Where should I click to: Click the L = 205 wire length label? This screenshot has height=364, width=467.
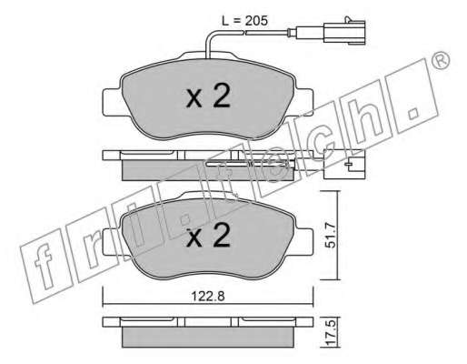pyautogui.click(x=244, y=21)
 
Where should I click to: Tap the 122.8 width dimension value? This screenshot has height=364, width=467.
pyautogui.click(x=208, y=296)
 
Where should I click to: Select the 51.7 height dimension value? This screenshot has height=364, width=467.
pyautogui.click(x=331, y=236)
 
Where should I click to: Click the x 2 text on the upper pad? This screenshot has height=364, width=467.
pyautogui.click(x=208, y=96)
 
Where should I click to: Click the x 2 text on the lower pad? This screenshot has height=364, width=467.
pyautogui.click(x=208, y=235)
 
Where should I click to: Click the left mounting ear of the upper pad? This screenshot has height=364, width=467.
pyautogui.click(x=113, y=102)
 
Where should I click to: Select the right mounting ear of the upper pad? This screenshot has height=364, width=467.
pyautogui.click(x=304, y=102)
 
